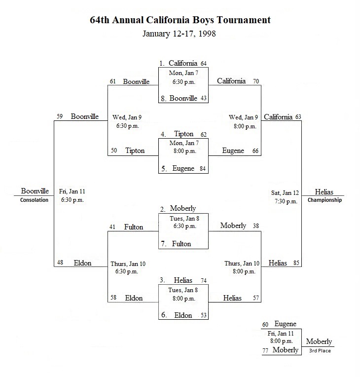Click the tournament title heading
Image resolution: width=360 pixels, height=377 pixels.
pos(180,20)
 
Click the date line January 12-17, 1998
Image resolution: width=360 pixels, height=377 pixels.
pos(180,34)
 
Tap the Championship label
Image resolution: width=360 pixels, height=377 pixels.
pos(324,200)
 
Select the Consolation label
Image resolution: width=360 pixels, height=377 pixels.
pos(34,200)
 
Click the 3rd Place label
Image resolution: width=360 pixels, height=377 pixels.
pos(320,350)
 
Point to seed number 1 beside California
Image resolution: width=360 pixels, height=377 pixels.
pos(162,64)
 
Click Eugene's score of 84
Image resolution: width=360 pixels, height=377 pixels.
pos(203,169)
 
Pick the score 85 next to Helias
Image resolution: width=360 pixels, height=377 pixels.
pos(296,263)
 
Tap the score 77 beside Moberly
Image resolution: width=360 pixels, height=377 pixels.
pos(265,351)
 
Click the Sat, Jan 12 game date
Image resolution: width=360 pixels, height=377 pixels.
pos(285,193)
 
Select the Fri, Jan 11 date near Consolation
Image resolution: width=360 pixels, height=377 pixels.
pos(72,191)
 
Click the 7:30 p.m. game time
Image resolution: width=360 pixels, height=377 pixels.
pos(286,201)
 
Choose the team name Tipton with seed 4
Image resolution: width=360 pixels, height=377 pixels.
pos(183,134)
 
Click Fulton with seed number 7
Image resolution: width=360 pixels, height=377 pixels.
pos(181,244)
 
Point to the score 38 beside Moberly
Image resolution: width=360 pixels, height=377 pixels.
pos(256,226)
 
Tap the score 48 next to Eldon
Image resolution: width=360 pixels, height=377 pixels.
pos(60,263)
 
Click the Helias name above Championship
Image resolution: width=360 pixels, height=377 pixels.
pos(324,192)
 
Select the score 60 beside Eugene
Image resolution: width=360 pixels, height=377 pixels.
pos(265,325)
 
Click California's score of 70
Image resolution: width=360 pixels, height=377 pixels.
pos(256,81)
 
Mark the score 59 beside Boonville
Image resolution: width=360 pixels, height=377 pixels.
pos(60,116)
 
